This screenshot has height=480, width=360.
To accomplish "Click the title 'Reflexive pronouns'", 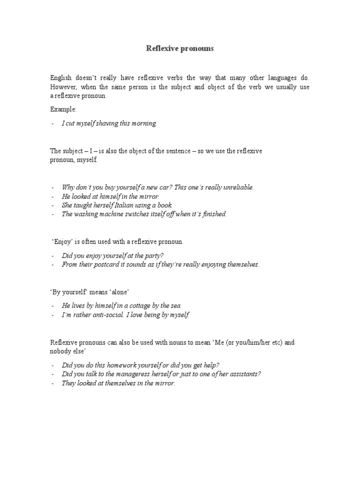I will [x=180, y=48].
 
